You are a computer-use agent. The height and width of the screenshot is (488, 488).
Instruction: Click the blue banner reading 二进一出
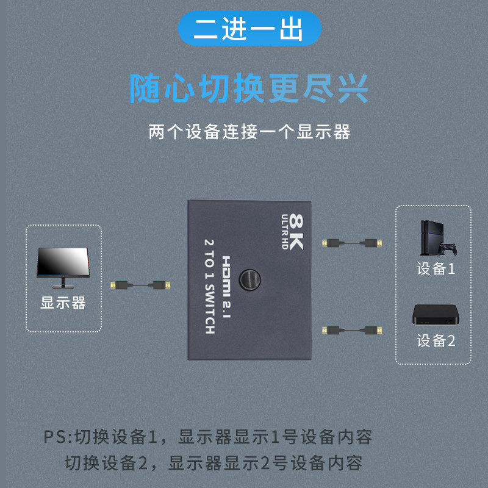tap(249, 29)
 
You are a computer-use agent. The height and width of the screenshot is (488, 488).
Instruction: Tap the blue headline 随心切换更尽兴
tap(249, 88)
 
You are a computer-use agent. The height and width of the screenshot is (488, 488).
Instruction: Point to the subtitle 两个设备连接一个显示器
tap(249, 132)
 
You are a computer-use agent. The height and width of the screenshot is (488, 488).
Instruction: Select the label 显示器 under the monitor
tap(63, 303)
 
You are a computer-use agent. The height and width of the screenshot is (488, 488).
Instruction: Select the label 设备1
tap(436, 269)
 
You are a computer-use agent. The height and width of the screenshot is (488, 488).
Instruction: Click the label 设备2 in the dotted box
tap(436, 340)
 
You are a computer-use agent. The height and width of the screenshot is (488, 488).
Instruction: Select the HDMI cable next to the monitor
tap(139, 285)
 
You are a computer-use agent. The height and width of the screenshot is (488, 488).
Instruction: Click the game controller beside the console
tap(450, 249)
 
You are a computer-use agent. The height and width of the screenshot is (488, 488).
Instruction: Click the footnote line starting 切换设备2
tap(213, 463)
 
